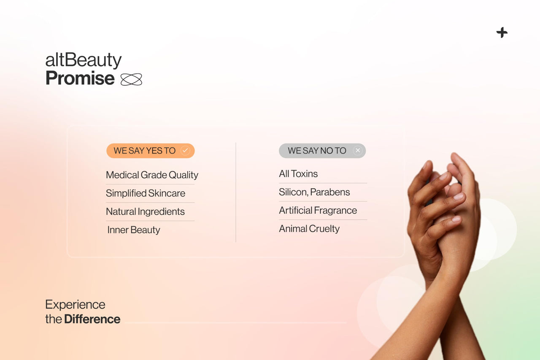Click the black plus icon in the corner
pos(502,32)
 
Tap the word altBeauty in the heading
pos(83,60)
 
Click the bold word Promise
pos(80,78)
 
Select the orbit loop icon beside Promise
pos(131,79)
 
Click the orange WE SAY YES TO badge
pos(145,151)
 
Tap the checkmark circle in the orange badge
pos(185,151)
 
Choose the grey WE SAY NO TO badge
pos(317,151)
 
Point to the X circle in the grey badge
pos(358,151)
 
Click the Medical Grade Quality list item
pos(152,175)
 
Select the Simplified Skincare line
pos(146,193)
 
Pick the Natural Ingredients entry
pos(145,211)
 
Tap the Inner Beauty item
pos(134,230)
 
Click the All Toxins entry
pos(298,174)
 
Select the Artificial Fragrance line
pos(318,210)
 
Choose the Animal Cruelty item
pos(309,229)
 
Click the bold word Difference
pos(92,319)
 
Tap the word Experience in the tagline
pos(75,305)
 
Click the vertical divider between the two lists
pos(236,192)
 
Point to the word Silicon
pos(293,192)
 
